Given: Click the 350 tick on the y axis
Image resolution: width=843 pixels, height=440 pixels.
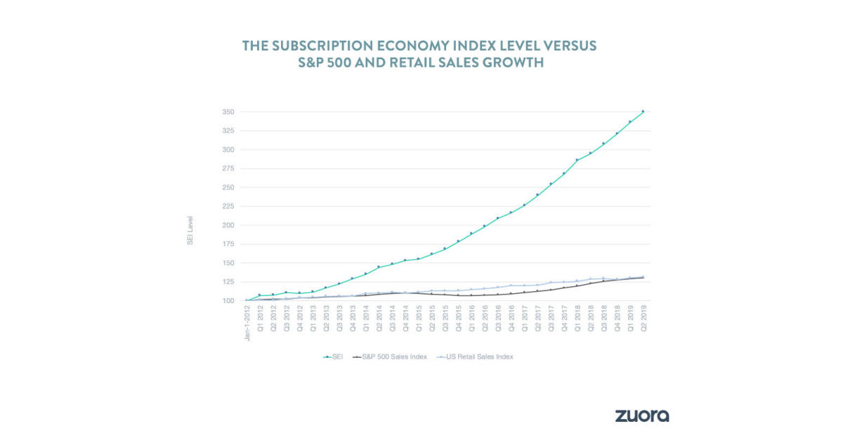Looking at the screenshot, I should coord(229,112).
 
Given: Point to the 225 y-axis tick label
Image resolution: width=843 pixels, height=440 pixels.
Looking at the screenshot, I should coord(229,206).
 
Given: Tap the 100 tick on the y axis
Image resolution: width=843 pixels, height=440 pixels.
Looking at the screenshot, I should coord(229,301).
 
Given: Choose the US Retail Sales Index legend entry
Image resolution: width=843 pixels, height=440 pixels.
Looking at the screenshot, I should coord(475,356).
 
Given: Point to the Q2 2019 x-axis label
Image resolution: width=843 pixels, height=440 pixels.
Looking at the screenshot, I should coord(643,319).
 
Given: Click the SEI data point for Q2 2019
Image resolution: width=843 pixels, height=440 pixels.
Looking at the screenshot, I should coord(643,112).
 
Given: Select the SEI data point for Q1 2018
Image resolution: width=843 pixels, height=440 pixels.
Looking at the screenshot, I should coord(577,160).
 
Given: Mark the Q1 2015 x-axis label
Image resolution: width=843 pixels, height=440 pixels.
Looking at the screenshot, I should coord(419,319).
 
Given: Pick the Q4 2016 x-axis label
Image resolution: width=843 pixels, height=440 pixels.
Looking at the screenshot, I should coord(511,319).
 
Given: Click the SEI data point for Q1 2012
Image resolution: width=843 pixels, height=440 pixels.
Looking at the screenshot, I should coord(259,295).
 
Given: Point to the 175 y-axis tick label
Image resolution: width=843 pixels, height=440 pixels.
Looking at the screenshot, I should coord(229,244).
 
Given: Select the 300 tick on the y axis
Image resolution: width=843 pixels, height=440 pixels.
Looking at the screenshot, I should coord(229,149).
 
